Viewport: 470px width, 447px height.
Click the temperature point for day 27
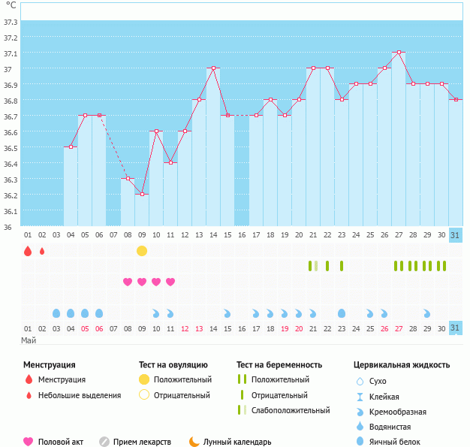399,53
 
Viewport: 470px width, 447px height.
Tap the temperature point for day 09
142,194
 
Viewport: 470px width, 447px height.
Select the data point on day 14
213,68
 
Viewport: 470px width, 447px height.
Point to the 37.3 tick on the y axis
11,22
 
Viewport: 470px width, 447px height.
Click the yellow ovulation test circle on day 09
142,250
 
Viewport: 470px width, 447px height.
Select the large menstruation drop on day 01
28,250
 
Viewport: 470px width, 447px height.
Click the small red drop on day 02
42,250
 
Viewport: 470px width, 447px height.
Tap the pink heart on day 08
128,282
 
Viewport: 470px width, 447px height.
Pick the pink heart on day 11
170,282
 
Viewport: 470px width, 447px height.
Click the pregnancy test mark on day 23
342,266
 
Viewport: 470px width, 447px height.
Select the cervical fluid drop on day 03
56,313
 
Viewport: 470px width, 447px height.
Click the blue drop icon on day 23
342,313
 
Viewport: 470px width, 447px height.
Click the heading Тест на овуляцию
173,365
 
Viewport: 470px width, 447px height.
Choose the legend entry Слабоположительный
290,410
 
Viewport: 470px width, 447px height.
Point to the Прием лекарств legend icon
104,442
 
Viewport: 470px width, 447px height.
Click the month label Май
28,340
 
